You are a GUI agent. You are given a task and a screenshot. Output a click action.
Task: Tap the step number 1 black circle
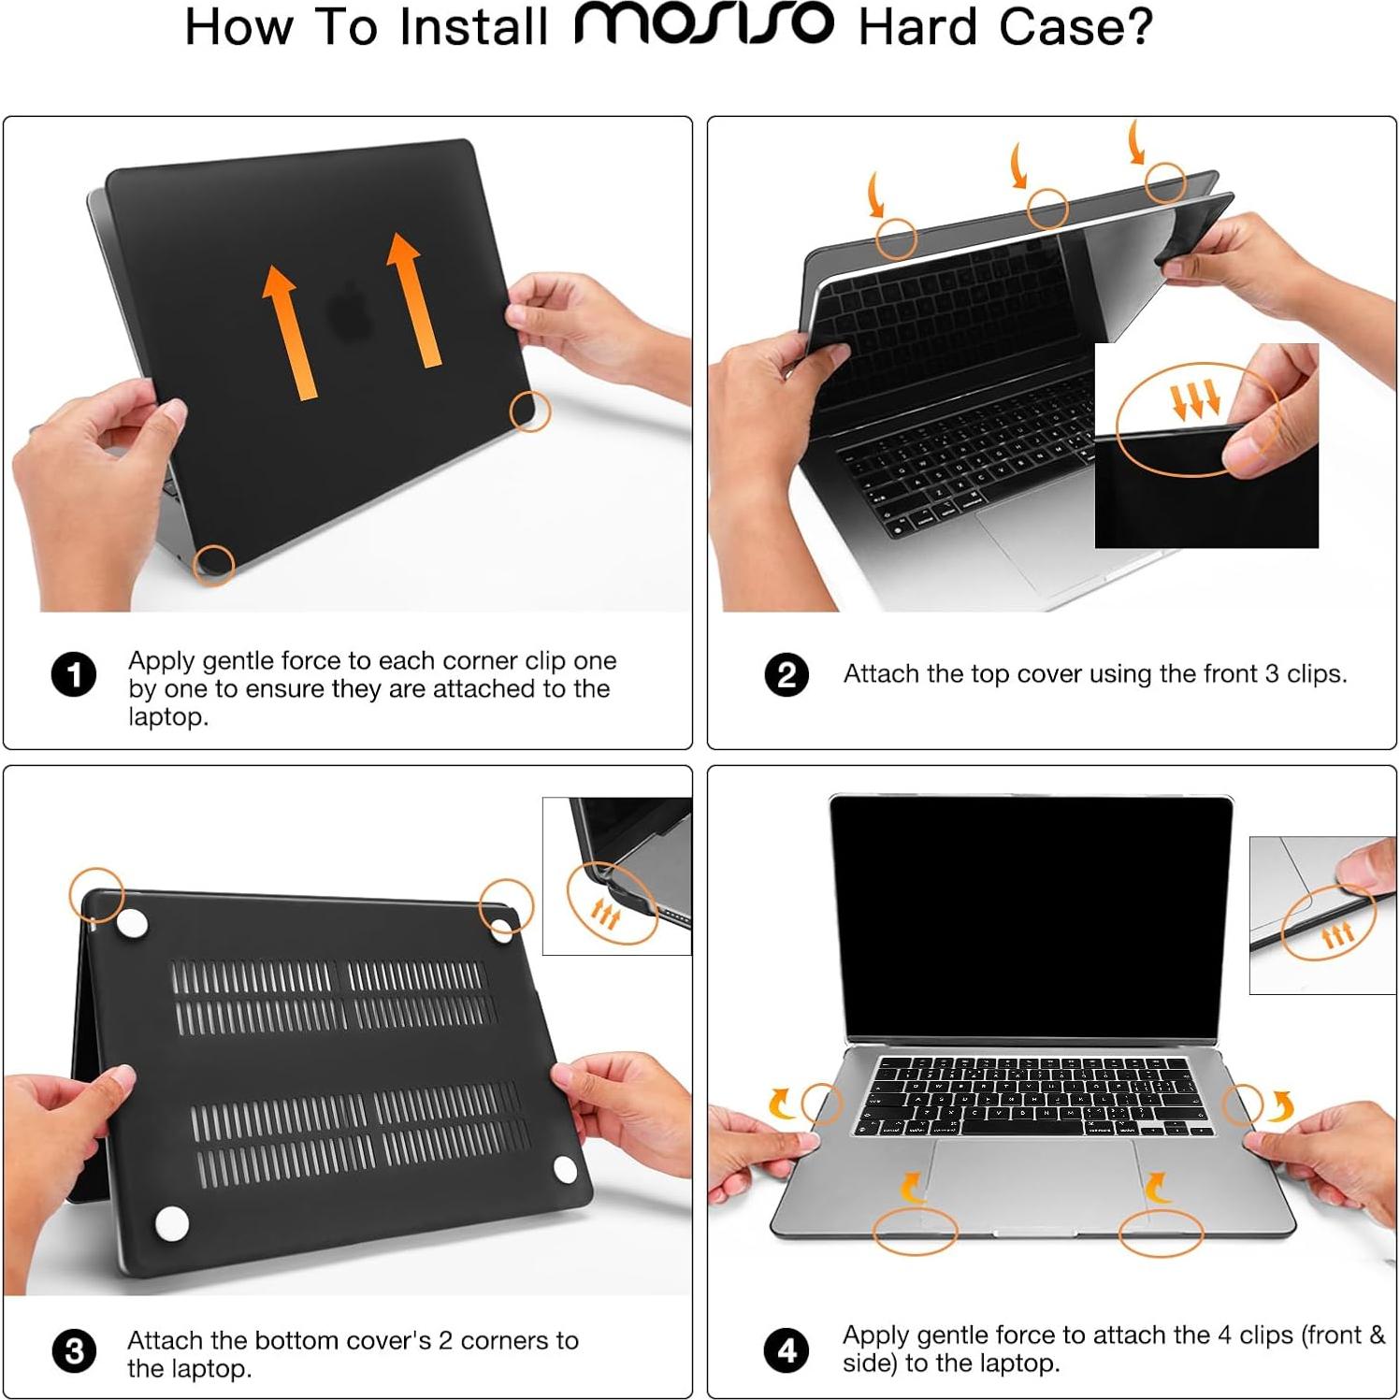click(74, 674)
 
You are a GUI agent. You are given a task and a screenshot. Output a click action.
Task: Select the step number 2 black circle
click(787, 674)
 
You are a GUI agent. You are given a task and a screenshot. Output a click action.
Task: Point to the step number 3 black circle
click(74, 1351)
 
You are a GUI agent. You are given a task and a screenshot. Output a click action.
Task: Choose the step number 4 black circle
click(787, 1350)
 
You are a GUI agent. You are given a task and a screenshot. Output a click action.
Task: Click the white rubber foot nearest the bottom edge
click(171, 1223)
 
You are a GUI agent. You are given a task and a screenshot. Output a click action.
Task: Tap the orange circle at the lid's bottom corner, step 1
click(213, 564)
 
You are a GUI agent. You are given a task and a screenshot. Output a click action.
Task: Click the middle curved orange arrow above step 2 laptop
click(1018, 166)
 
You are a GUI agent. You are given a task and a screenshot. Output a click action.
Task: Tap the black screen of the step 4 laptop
click(1032, 916)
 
